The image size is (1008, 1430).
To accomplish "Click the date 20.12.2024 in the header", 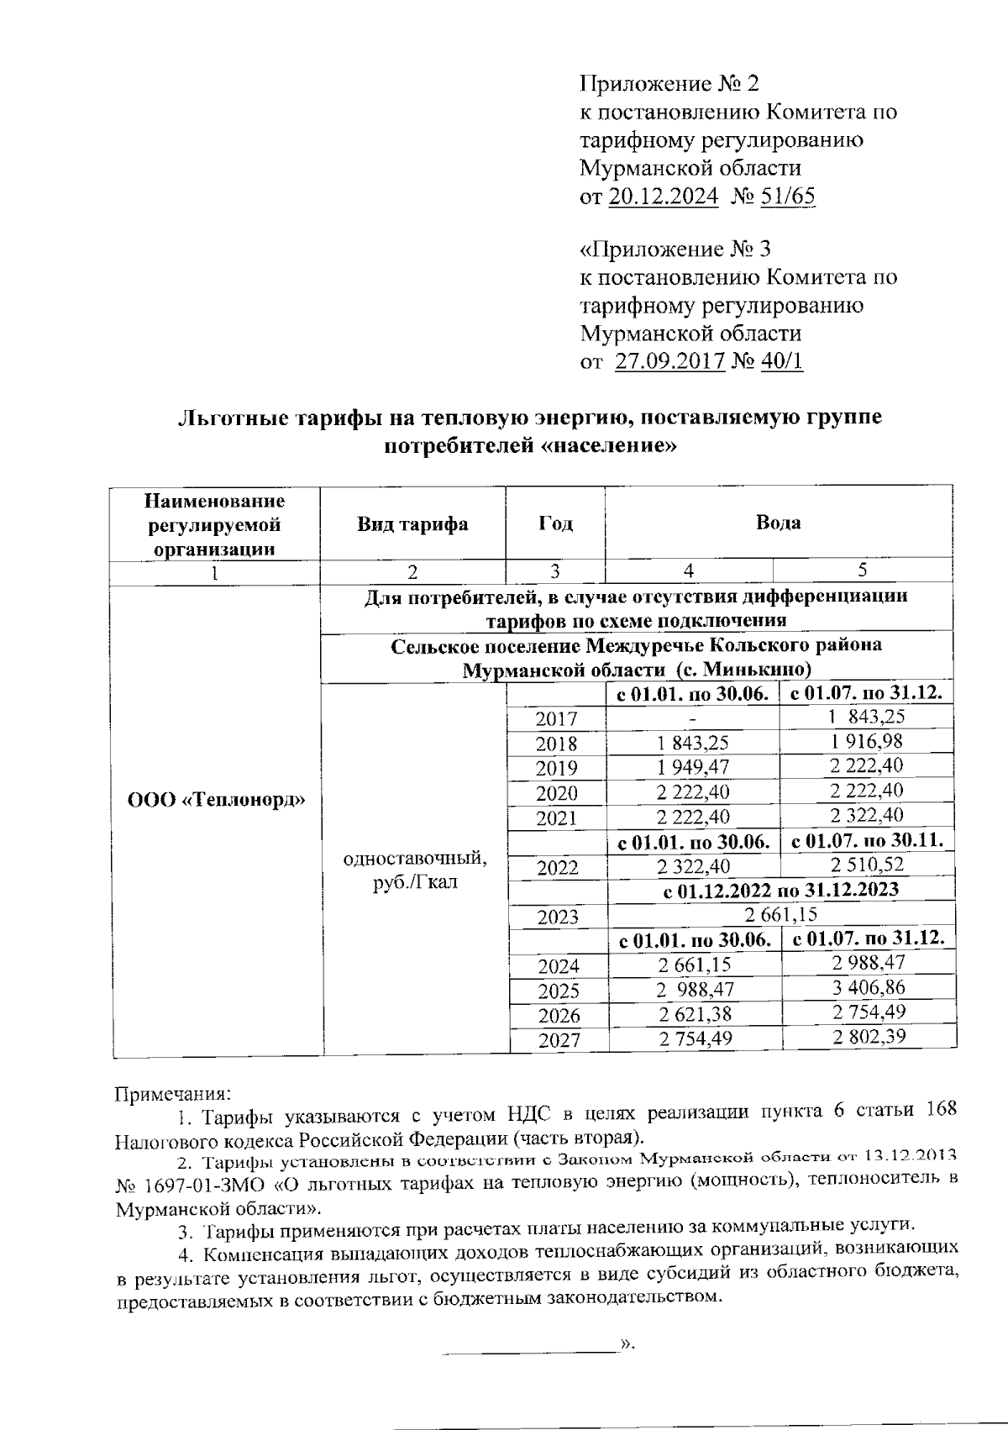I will click(663, 197).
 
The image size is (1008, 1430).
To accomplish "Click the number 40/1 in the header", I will click(781, 362).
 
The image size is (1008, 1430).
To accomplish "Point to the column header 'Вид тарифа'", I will click(412, 524).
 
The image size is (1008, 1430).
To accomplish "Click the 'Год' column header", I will click(555, 524).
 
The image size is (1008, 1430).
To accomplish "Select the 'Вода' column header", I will click(779, 523).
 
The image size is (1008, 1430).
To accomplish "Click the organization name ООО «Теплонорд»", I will click(216, 799).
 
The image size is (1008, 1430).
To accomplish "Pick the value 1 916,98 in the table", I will click(867, 742).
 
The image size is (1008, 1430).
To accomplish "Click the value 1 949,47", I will click(693, 767).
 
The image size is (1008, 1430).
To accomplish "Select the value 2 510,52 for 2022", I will click(867, 865).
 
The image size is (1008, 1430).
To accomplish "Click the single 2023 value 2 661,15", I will click(780, 914).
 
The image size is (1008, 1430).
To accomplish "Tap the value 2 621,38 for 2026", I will click(694, 1014).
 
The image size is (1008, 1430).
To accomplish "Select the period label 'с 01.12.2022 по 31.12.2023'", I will click(780, 890).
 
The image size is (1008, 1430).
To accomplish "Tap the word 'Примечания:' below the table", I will click(171, 1095).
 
